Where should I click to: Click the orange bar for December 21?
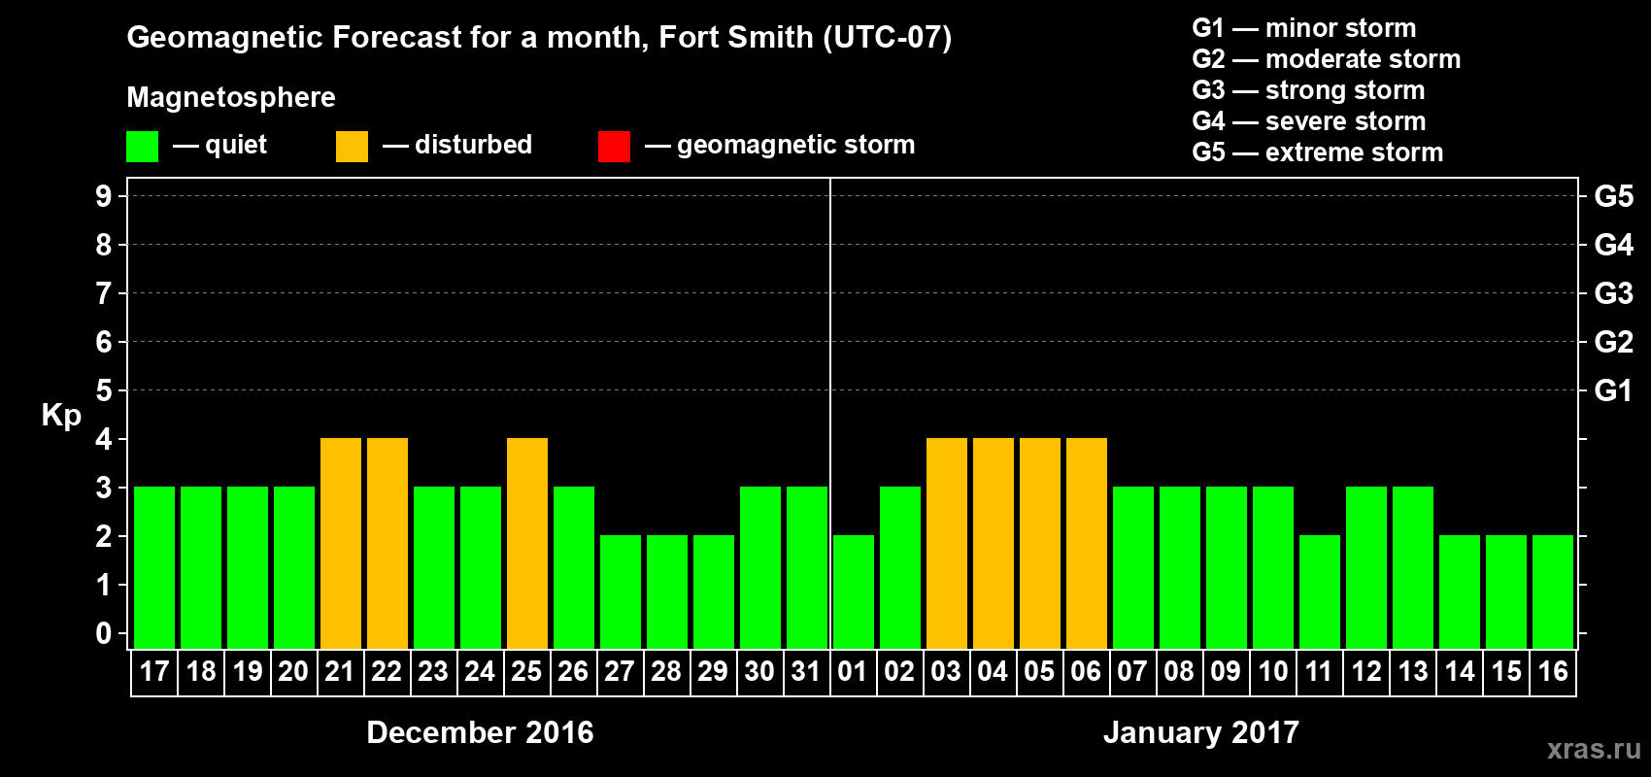coord(341,543)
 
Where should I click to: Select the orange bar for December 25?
coord(527,543)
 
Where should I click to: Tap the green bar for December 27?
coord(621,591)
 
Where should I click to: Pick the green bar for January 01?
coord(854,591)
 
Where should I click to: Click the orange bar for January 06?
coord(1087,543)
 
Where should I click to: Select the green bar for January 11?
coord(1320,591)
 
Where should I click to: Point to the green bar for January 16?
coord(1553,591)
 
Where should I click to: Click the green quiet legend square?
coord(143,147)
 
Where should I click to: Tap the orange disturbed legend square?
coord(352,147)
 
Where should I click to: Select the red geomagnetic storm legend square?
coord(614,147)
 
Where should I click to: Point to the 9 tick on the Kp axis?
coord(104,196)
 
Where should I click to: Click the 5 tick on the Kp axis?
coord(104,390)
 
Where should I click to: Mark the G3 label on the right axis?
coord(1613,293)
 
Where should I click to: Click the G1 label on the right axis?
coord(1613,390)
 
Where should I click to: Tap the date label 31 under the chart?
coord(806,671)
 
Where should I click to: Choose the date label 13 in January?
coord(1413,671)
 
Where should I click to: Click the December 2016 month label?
coord(480,732)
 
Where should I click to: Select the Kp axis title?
coord(61,415)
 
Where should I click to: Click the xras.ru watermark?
coord(1594,749)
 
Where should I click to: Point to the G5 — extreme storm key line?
coord(1317,152)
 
